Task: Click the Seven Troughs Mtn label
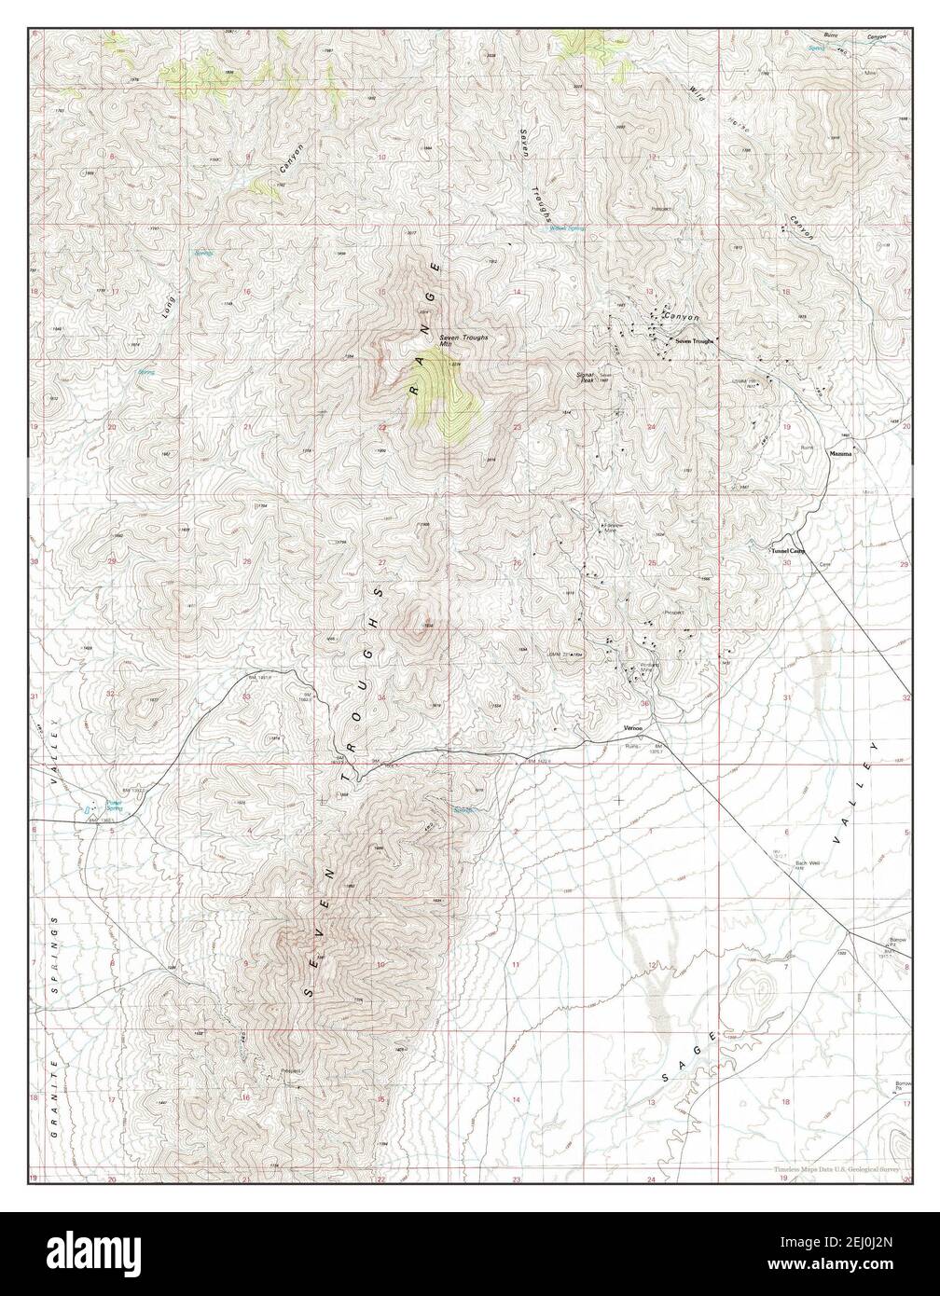pos(463,340)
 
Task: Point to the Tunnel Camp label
pos(785,551)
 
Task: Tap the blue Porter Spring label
pos(113,804)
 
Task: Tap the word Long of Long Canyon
pos(169,305)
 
